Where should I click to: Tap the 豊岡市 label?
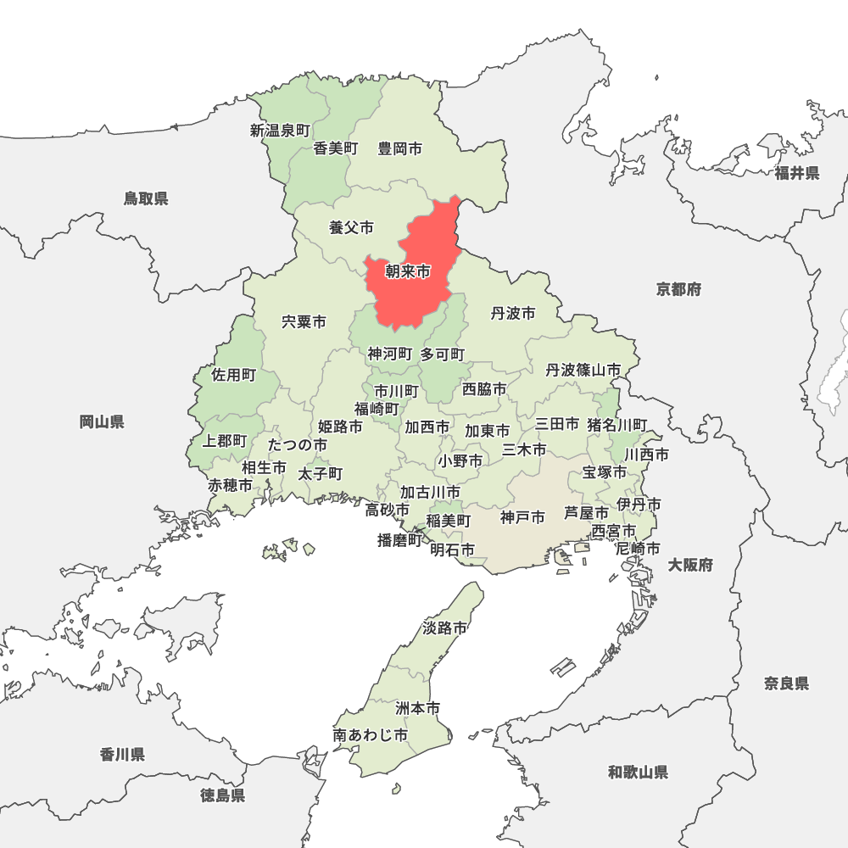coord(400,148)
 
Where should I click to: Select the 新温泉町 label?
coord(280,131)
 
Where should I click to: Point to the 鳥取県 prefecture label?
coord(146,198)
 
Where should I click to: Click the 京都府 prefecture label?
coord(678,289)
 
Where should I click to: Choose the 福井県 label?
coord(796,173)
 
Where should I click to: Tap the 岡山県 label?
coord(102,421)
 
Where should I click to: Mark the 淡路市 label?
coord(444,628)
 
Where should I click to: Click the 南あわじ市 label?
coord(370,735)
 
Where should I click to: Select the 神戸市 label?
coord(522,516)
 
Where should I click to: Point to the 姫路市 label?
coord(340,426)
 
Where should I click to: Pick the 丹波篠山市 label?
coord(583,370)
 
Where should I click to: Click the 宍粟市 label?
coord(304,322)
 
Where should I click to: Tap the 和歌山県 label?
coord(638,772)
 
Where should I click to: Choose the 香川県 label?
coord(122,754)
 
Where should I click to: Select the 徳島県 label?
coord(223,795)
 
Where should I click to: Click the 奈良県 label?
coord(786,683)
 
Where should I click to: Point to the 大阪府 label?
coord(689,565)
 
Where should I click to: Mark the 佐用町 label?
coord(233,374)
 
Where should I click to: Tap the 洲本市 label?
coord(418,707)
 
